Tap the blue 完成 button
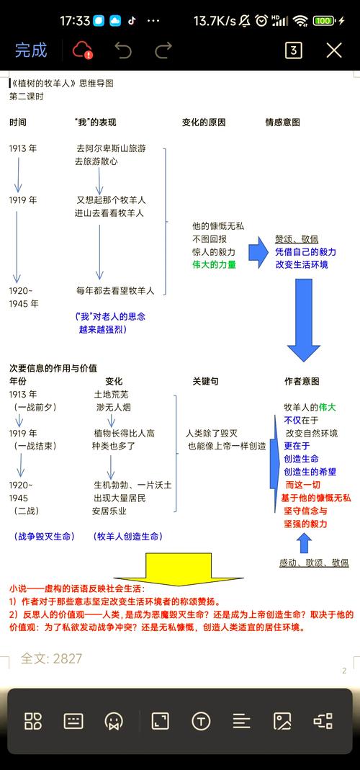(31, 50)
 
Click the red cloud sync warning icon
(82, 50)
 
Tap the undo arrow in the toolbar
(123, 50)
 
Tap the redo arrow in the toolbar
(163, 50)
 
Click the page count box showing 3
(293, 50)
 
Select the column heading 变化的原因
(204, 122)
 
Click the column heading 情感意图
(282, 122)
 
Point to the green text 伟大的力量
(214, 264)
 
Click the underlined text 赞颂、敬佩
(297, 239)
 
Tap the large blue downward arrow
(304, 320)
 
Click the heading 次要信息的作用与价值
(53, 368)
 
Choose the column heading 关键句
(205, 381)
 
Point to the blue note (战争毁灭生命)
(45, 537)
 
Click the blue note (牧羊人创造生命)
(127, 537)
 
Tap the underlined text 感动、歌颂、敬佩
(314, 563)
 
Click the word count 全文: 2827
(51, 658)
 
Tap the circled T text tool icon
(201, 721)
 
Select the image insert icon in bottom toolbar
(282, 721)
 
